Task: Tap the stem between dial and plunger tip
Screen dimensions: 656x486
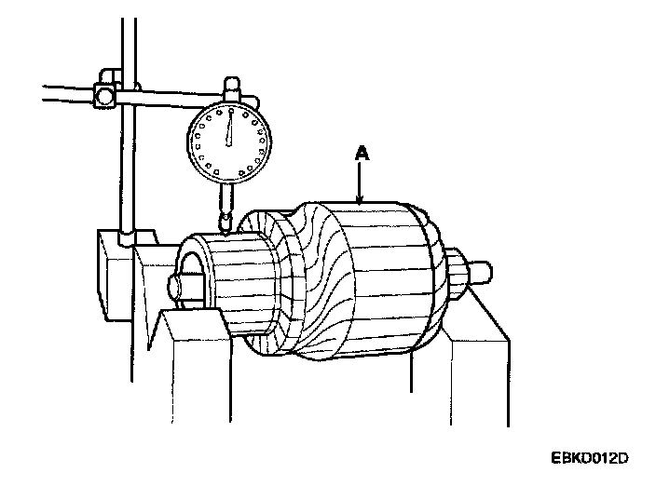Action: [224, 197]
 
